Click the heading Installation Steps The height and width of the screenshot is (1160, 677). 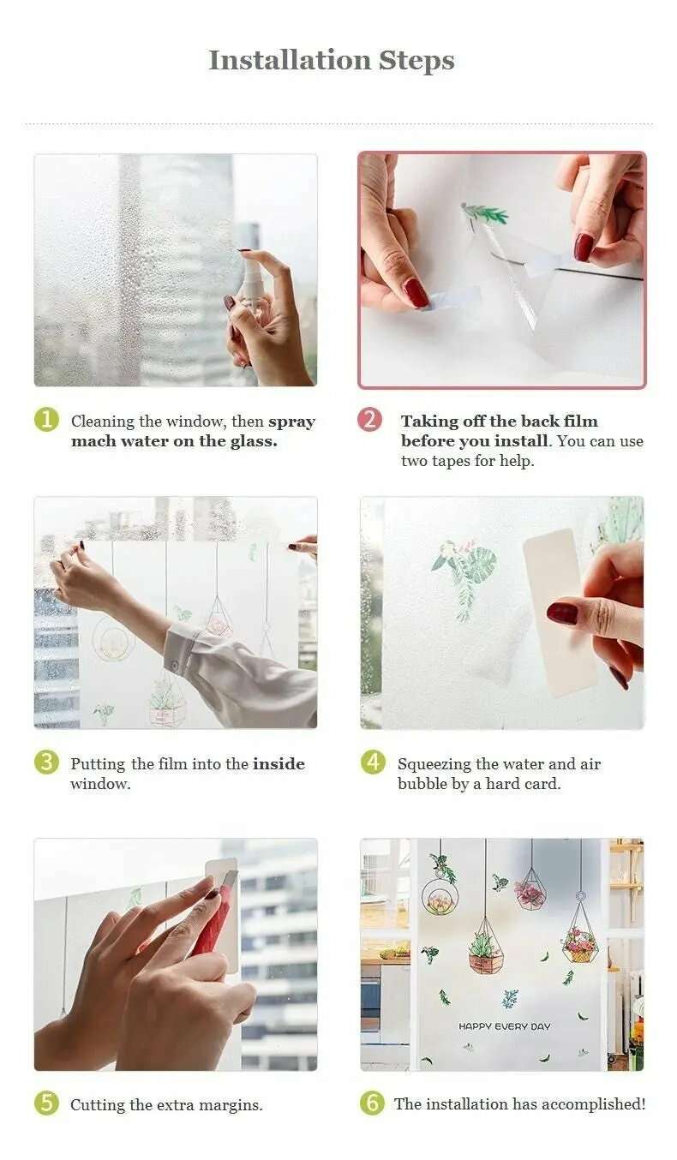coord(332,61)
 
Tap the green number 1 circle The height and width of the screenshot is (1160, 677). coord(46,420)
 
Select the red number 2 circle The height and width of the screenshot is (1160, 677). coord(369,420)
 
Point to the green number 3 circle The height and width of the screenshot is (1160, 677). coord(46,762)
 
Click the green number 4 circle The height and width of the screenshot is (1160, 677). coord(372,762)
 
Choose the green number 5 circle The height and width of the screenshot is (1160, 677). coord(46,1103)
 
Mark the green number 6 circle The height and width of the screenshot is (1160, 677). coord(372,1103)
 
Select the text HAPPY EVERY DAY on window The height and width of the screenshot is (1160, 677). coord(504,1026)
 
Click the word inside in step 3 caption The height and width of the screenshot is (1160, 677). coord(279,764)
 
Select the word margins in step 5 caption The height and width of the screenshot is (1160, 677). coord(233,1105)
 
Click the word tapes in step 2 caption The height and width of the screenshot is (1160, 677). coord(453,461)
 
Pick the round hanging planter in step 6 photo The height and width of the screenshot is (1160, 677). coord(440,896)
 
